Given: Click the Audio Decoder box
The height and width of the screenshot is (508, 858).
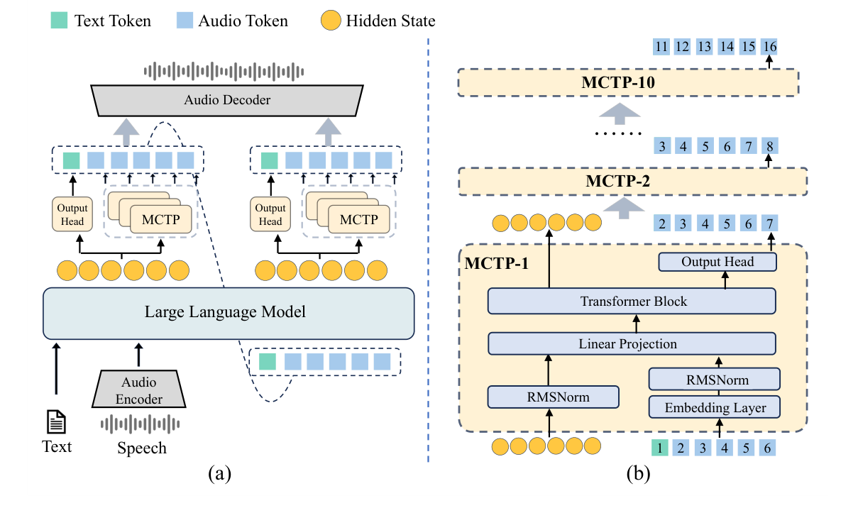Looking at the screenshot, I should click(227, 100).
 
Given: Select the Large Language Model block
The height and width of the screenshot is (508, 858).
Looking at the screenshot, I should click(229, 313).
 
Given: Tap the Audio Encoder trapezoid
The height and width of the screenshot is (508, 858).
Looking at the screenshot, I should click(139, 390).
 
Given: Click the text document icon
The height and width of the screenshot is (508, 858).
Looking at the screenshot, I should click(56, 423).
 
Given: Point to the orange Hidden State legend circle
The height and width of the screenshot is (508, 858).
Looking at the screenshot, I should click(329, 21).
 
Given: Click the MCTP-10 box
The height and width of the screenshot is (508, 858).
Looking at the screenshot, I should click(629, 82).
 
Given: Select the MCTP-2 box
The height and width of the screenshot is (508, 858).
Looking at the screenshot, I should click(632, 181).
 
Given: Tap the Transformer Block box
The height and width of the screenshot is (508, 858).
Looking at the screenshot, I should click(632, 302).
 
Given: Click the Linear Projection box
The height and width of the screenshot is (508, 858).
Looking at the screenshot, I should click(632, 344).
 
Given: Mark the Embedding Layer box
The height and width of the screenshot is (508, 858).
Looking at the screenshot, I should click(715, 407).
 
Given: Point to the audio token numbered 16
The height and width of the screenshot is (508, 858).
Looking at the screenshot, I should click(769, 47).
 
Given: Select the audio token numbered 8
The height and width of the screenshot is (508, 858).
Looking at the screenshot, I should click(769, 147).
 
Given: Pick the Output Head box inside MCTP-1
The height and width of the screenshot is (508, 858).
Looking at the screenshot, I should click(717, 262).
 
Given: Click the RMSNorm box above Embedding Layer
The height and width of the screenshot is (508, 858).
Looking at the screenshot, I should click(715, 379).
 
